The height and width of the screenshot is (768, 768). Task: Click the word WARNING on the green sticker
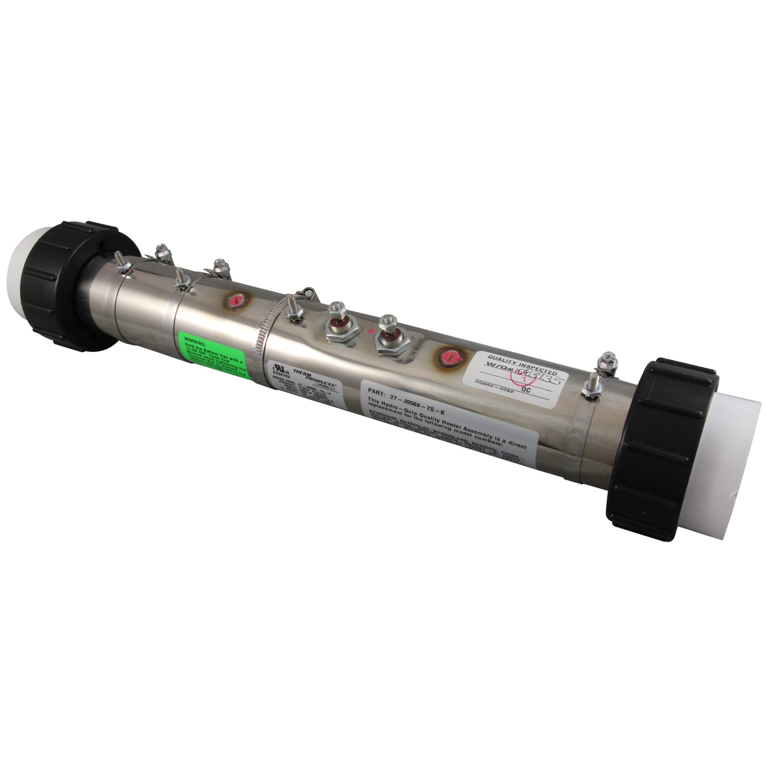click(192, 337)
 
